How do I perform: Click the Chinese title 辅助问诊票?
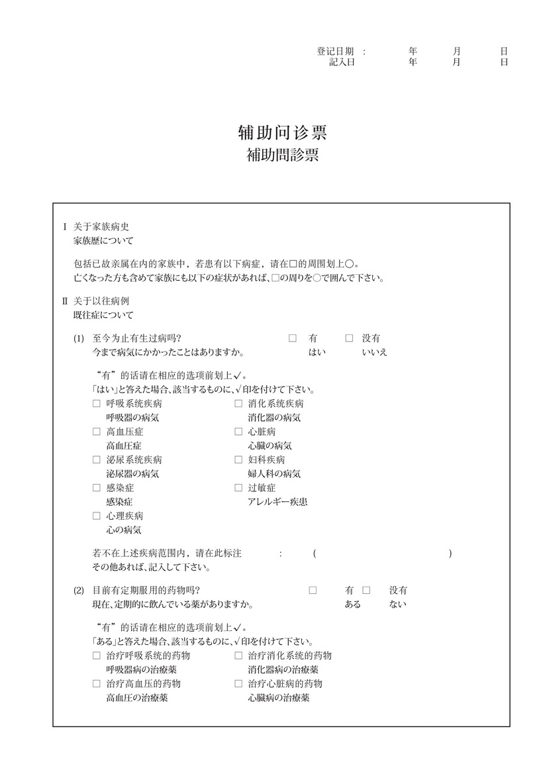coord(282,133)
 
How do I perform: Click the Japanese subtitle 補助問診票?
coord(282,156)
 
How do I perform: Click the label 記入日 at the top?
coord(342,62)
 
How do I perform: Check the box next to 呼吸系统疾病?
coord(97,403)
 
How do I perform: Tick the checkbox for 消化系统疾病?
coord(238,403)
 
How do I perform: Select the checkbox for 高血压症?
coord(97,432)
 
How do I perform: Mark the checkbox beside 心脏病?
coord(238,432)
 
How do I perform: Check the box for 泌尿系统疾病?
coord(97,459)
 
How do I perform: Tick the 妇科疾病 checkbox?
coord(238,459)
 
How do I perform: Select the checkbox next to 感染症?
coord(97,488)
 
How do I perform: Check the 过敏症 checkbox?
coord(238,488)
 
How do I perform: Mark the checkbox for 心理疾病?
coord(97,516)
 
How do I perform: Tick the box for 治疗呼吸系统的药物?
coord(97,656)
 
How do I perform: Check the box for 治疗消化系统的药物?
coord(238,656)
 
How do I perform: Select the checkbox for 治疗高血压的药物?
coord(97,684)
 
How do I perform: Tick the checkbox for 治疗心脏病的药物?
coord(238,684)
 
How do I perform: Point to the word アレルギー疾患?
coord(277,502)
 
